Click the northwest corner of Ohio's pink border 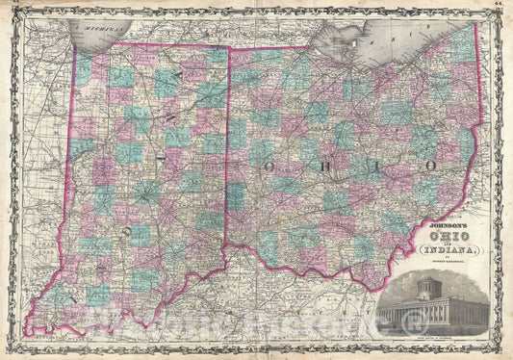(227, 48)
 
